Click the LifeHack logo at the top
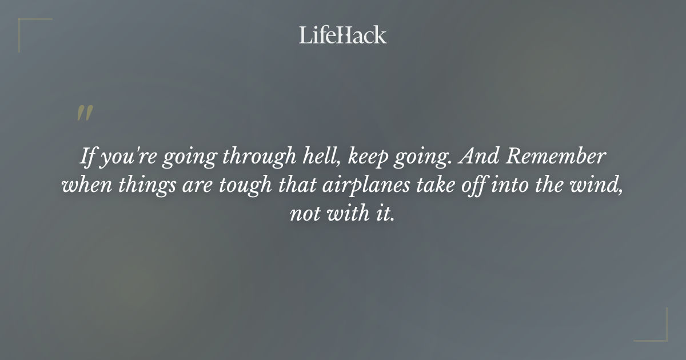point(342,35)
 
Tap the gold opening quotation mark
point(85,114)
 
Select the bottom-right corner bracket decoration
point(657,331)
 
